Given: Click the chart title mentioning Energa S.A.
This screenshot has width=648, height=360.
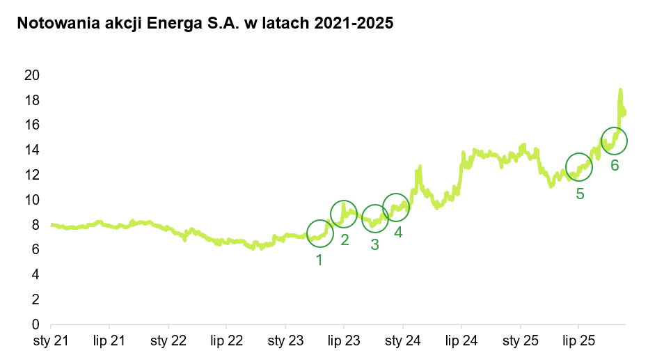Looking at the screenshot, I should [205, 24].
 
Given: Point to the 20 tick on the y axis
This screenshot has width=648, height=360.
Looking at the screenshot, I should [31, 75].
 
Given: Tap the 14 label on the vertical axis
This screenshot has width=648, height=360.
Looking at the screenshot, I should [31, 150].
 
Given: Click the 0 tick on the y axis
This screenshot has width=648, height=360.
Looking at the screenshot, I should [34, 324].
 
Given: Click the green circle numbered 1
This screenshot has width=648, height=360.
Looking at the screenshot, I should [320, 233].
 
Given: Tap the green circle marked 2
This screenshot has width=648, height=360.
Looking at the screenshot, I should [344, 214].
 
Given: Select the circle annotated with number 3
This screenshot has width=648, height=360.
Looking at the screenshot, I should [375, 219].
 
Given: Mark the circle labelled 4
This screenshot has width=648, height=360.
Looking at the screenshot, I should [396, 207].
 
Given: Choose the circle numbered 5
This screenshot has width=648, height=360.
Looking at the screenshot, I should [578, 166].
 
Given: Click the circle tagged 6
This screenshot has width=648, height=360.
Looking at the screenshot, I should [614, 141].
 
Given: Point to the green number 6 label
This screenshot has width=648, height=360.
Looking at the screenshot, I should [615, 166].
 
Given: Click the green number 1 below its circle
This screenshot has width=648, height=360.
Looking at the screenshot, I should [319, 260].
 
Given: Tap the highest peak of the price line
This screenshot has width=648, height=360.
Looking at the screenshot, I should [620, 90].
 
